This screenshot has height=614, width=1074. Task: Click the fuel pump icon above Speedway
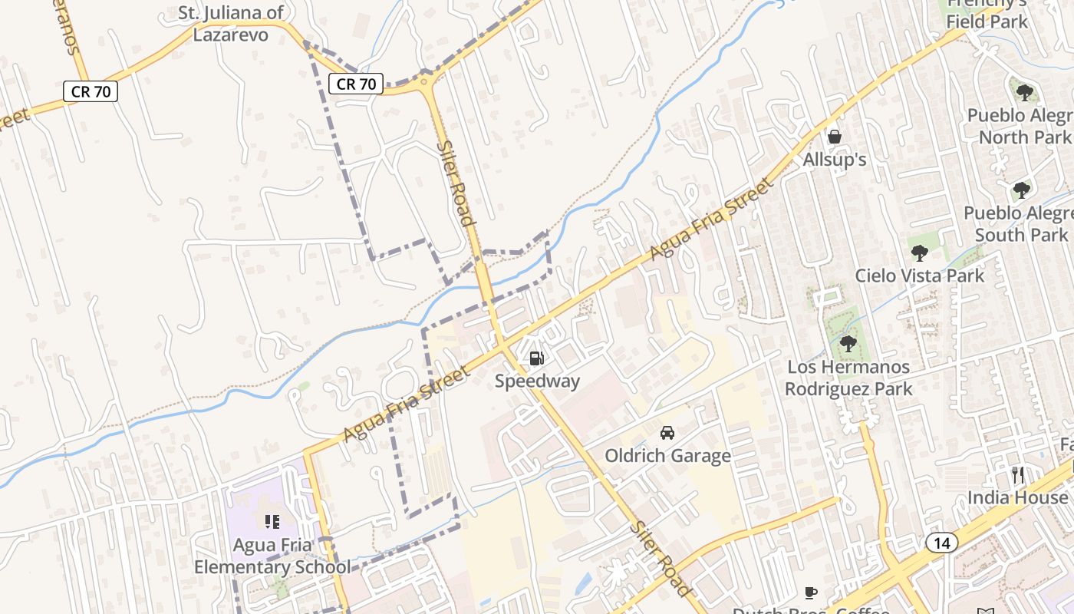537,358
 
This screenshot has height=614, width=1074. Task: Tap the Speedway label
537,381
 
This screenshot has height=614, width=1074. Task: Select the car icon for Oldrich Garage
667,433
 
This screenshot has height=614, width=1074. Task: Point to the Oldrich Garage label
667,456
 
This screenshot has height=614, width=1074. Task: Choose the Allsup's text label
835,160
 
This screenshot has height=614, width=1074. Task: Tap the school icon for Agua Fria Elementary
272,523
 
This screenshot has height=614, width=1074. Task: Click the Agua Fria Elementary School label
272,556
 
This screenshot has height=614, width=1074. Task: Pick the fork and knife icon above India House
1018,475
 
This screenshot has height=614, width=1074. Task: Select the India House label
1017,497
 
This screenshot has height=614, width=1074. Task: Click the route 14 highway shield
941,543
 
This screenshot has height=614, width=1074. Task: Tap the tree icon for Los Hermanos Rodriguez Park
848,344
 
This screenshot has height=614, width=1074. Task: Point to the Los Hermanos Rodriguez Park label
848,378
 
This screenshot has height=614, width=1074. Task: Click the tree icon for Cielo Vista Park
919,253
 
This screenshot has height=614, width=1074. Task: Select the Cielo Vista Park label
919,276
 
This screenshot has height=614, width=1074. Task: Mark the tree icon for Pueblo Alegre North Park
1024,94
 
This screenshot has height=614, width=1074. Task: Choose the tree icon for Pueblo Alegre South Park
1021,190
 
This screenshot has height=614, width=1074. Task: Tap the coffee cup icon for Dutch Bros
811,593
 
